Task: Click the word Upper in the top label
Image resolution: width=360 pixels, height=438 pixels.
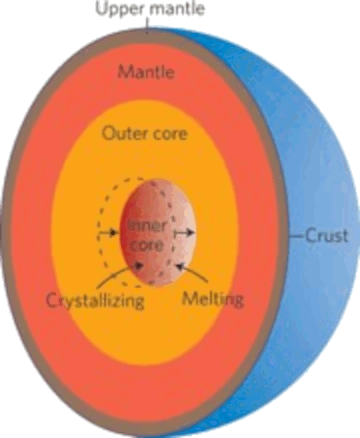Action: click(x=121, y=9)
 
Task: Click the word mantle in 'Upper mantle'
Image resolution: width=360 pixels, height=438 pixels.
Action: click(x=178, y=8)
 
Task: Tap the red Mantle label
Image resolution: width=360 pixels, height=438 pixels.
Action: click(x=145, y=71)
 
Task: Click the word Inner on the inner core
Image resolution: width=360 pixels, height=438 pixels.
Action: click(x=147, y=225)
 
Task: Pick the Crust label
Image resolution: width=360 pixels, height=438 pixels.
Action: click(x=327, y=236)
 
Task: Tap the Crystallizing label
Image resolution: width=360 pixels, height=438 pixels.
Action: click(x=95, y=300)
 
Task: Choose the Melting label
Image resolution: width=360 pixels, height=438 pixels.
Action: click(x=213, y=299)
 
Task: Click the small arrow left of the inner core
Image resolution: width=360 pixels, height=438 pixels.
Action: click(x=107, y=232)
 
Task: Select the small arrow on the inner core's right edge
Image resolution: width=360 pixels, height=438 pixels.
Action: click(x=184, y=233)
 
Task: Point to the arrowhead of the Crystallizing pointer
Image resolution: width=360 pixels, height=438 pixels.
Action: click(x=139, y=266)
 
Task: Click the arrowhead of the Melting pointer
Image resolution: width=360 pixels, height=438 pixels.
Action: click(x=179, y=267)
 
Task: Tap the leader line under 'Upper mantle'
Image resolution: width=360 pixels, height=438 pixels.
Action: click(x=148, y=25)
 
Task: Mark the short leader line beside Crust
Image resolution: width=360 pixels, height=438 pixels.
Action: click(x=297, y=236)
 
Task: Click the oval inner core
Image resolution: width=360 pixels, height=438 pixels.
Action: click(x=158, y=233)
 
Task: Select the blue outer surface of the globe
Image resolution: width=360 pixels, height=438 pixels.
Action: click(x=321, y=168)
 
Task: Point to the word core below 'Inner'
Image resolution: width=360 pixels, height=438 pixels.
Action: click(x=146, y=245)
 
